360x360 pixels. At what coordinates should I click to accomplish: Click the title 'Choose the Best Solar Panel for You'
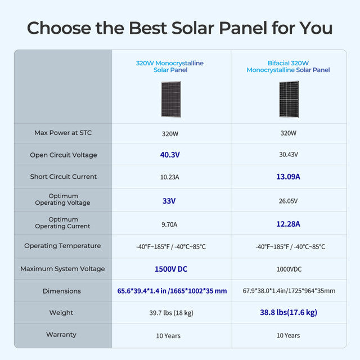(x=180, y=28)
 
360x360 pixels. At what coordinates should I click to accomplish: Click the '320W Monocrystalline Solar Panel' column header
(x=170, y=67)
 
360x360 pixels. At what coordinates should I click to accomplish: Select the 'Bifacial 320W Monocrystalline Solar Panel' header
(x=288, y=67)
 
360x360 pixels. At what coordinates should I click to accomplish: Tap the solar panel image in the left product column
(x=171, y=99)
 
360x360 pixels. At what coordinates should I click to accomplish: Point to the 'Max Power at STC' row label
(x=63, y=133)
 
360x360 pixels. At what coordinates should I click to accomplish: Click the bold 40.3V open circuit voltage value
(x=171, y=155)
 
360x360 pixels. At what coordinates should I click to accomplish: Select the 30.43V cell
(x=288, y=155)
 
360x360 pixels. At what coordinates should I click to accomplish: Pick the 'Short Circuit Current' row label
(x=63, y=177)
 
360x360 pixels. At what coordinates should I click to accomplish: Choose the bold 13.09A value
(x=288, y=177)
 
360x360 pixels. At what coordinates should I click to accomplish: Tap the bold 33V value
(x=169, y=200)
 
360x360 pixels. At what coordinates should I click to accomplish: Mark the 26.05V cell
(x=288, y=201)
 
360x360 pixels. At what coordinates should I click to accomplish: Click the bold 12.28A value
(x=288, y=224)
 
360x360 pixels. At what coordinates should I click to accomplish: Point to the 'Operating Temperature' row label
(x=63, y=246)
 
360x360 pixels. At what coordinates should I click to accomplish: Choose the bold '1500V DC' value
(x=171, y=269)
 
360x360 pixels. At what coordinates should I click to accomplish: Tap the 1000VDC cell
(x=288, y=269)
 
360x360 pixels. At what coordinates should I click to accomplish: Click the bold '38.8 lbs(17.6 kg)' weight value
(x=288, y=312)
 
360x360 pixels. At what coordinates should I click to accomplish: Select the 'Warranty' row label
(x=61, y=335)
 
